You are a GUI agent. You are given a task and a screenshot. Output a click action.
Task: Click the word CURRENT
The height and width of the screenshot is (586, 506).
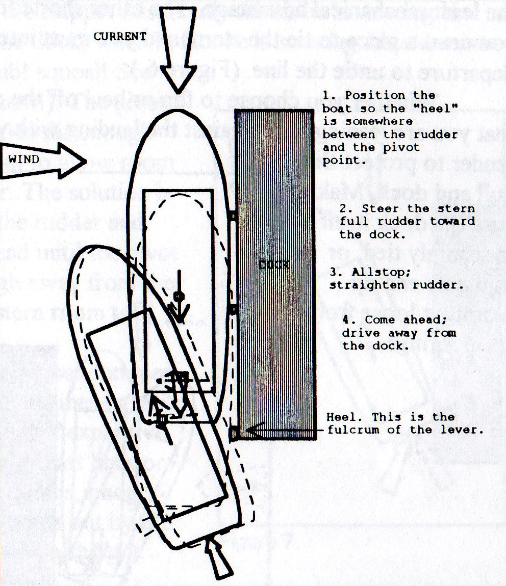coord(120,36)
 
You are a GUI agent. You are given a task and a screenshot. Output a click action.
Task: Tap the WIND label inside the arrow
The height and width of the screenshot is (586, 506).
coord(24,159)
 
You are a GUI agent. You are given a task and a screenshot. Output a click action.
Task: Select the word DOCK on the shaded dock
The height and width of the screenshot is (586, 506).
coord(274,264)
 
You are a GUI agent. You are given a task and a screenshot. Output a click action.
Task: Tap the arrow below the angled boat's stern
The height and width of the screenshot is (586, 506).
coord(220,560)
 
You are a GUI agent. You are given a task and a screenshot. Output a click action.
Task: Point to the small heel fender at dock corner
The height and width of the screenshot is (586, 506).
coord(234,434)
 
